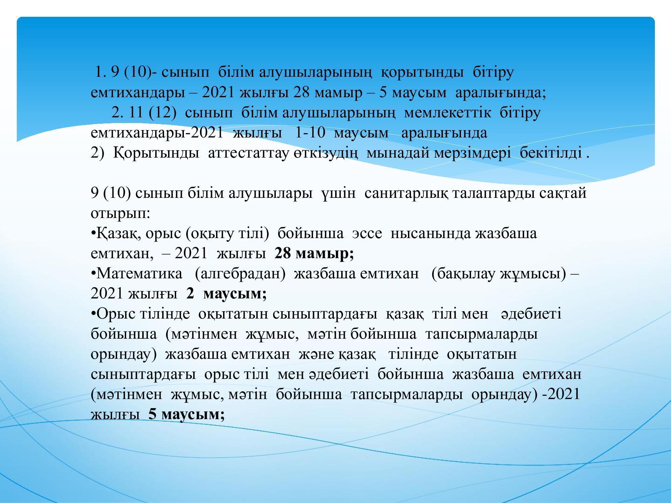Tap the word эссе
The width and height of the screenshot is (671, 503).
point(367,234)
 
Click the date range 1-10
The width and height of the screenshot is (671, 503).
point(310,133)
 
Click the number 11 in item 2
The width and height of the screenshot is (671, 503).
point(136,113)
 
